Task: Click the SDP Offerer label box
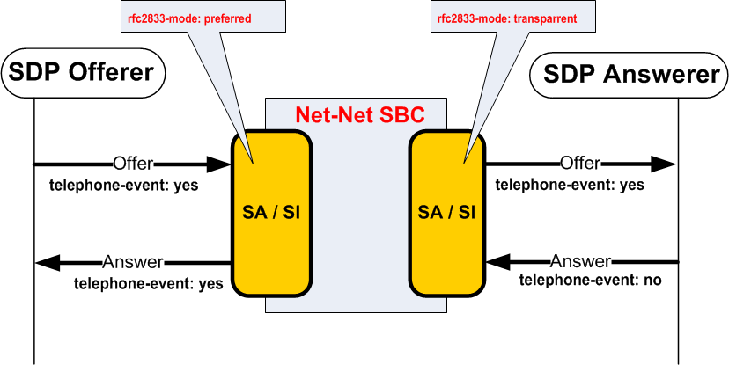tap(81, 73)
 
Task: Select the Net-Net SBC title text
tap(359, 114)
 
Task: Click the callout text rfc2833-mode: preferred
tap(171, 17)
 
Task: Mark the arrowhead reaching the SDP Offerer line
tap(48, 262)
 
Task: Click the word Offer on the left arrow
tap(133, 164)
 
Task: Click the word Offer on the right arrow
tap(580, 164)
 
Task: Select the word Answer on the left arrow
tap(133, 262)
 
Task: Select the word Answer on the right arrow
tap(580, 261)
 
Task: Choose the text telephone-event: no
tap(590, 281)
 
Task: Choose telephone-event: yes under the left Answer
tap(148, 284)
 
